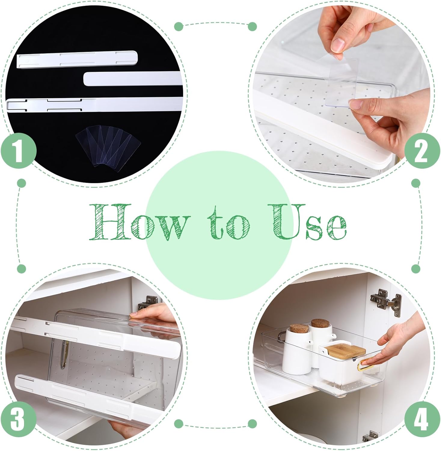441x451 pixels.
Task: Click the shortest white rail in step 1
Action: point(78,59)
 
